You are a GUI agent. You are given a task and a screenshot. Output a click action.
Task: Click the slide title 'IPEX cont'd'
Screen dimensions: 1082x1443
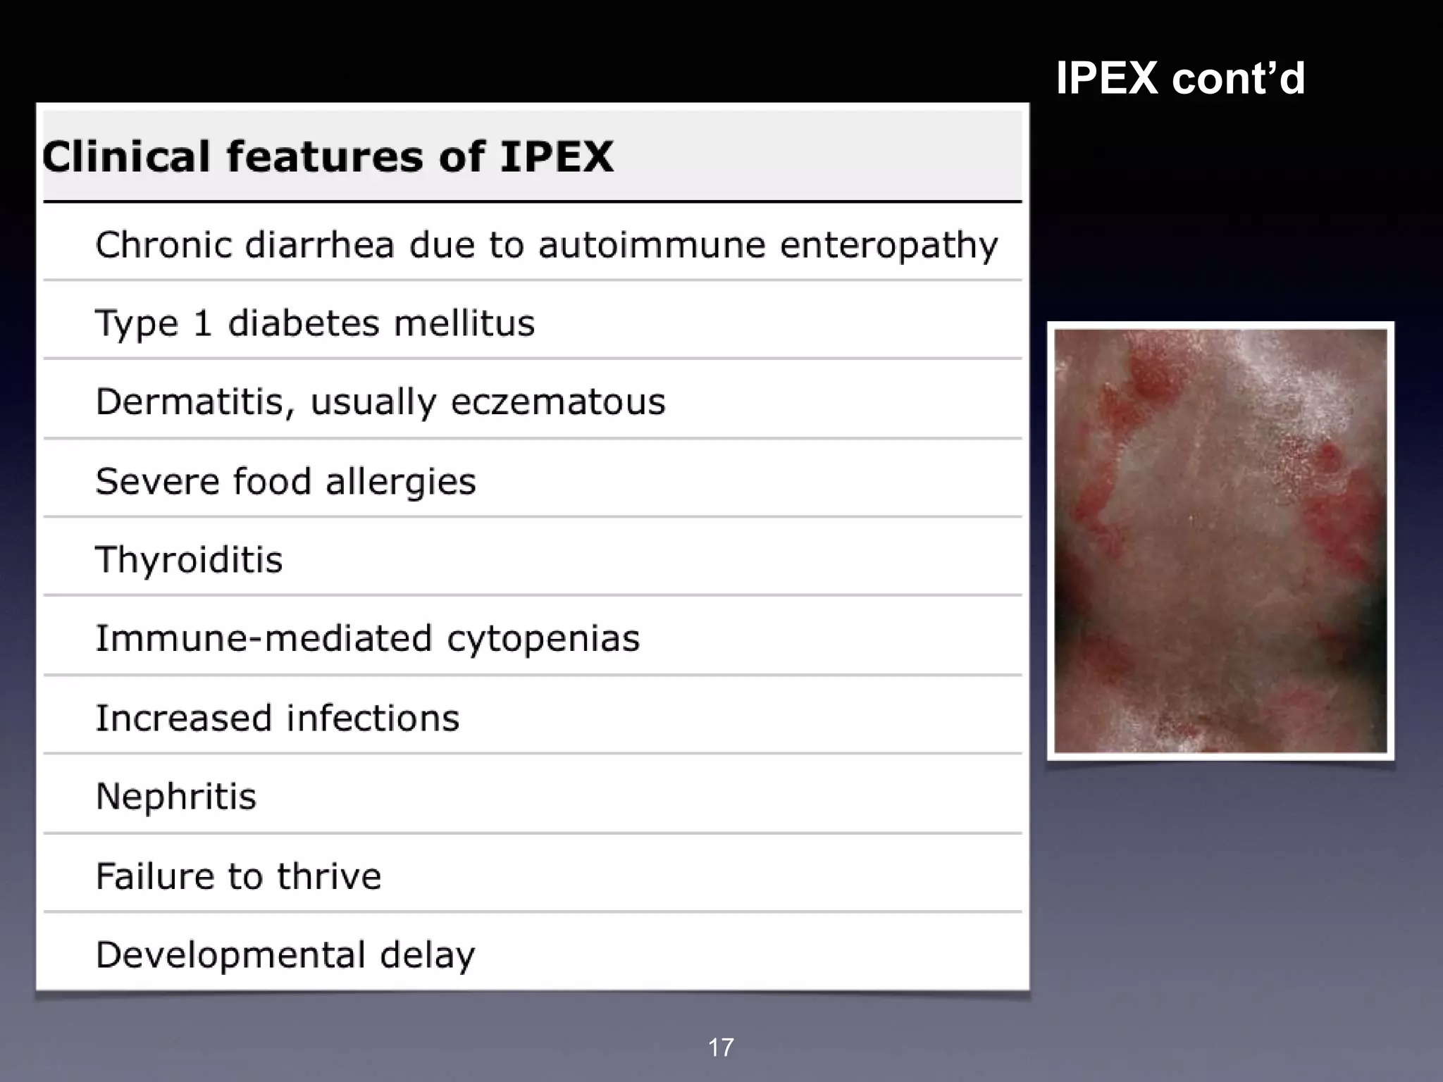click(1180, 77)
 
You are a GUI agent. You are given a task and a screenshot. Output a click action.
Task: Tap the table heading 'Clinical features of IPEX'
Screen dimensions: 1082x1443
click(328, 156)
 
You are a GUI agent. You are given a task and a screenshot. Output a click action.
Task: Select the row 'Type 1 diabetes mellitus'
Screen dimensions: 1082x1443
click(315, 323)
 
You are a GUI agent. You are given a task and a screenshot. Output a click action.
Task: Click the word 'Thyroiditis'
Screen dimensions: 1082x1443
click(189, 560)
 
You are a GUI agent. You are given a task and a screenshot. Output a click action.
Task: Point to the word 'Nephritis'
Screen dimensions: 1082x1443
click(176, 797)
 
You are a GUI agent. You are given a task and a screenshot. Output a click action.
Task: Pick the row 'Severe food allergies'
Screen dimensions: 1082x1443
click(285, 482)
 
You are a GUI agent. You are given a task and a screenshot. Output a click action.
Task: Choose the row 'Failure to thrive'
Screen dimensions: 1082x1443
click(238, 876)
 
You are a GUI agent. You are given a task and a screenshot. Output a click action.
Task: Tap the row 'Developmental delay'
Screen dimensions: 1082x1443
click(285, 955)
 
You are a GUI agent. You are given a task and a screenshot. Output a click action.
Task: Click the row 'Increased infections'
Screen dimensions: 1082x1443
click(277, 719)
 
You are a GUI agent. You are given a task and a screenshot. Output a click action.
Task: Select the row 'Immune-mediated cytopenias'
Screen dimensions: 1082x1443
click(367, 639)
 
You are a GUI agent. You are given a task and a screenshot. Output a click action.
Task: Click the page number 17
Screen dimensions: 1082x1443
click(721, 1047)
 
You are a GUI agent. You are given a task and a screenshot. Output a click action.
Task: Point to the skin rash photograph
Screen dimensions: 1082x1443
click(1220, 541)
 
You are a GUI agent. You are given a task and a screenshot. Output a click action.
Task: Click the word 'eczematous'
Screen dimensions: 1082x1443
click(558, 402)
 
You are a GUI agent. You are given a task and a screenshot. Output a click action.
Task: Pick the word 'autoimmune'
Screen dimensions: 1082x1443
click(652, 245)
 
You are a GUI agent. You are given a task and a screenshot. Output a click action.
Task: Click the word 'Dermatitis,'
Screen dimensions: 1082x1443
click(194, 402)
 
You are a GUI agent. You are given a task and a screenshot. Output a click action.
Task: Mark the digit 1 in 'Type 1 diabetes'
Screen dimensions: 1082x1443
click(203, 323)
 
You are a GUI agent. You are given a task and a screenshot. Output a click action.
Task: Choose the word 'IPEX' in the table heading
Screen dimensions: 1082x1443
click(557, 156)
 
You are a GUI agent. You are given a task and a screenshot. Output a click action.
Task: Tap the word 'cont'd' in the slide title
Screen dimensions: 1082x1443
click(1239, 77)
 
